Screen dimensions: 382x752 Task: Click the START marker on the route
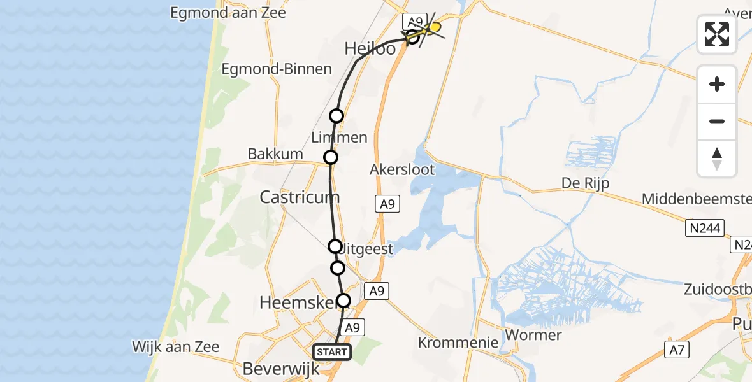tap(331, 352)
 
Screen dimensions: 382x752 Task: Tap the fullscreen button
tap(717, 34)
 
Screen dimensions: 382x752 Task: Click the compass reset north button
tap(717, 159)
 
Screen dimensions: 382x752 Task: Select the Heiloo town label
tap(370, 48)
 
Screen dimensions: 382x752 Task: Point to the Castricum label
tap(300, 197)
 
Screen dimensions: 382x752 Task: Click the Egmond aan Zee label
tap(228, 12)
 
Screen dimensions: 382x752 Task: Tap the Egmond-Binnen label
tap(277, 69)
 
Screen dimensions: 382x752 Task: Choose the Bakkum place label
tap(275, 155)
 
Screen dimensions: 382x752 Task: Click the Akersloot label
tap(402, 169)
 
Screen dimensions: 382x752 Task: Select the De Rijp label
tap(585, 183)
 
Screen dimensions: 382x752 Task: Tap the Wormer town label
tap(532, 334)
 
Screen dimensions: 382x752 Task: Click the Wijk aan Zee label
tap(176, 347)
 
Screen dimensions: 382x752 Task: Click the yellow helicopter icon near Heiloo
tap(434, 27)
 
